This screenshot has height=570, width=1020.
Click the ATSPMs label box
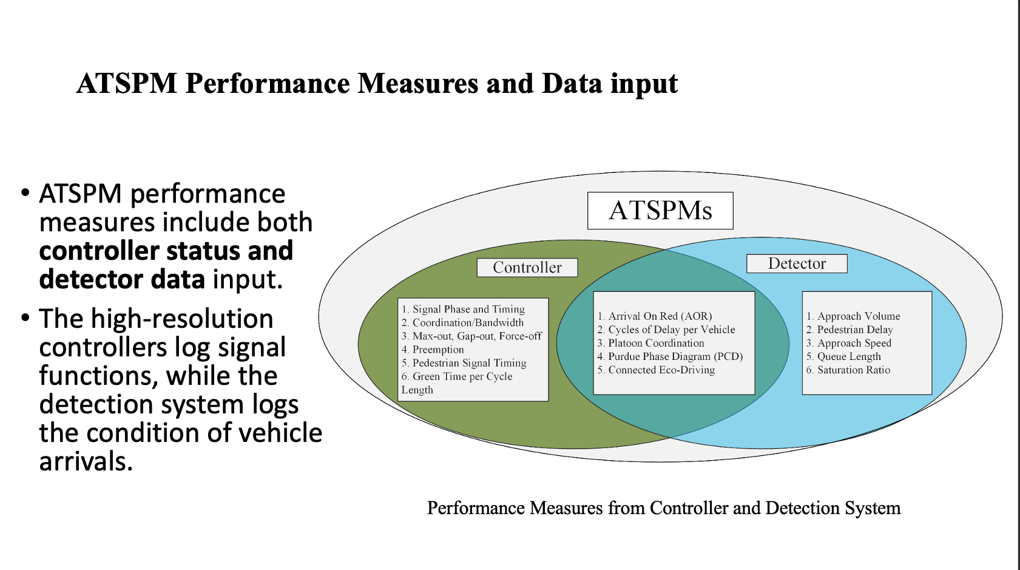[x=660, y=211]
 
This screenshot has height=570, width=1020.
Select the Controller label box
[x=527, y=268]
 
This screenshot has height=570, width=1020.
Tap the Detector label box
[x=796, y=263]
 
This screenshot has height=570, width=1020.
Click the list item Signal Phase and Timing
[x=468, y=309]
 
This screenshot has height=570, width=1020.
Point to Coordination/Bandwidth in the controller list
[x=467, y=322]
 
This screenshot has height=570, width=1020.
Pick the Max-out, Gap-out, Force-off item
[x=476, y=336]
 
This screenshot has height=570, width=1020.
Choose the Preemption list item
[x=437, y=349]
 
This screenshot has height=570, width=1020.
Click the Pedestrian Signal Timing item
[x=469, y=362]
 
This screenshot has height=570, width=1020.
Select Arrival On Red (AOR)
[x=660, y=316]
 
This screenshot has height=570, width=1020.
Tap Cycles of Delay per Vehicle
[x=671, y=329]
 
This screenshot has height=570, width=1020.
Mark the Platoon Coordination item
[x=656, y=342]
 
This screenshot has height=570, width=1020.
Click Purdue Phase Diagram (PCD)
[x=675, y=356]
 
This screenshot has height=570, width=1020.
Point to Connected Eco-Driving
[x=661, y=370]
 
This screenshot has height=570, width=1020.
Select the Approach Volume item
[x=858, y=316]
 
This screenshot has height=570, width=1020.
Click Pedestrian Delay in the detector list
[x=854, y=329]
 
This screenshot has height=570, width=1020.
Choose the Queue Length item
[x=848, y=356]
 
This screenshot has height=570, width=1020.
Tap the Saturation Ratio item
[x=853, y=370]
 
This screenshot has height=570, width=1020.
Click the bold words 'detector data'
[x=122, y=279]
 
